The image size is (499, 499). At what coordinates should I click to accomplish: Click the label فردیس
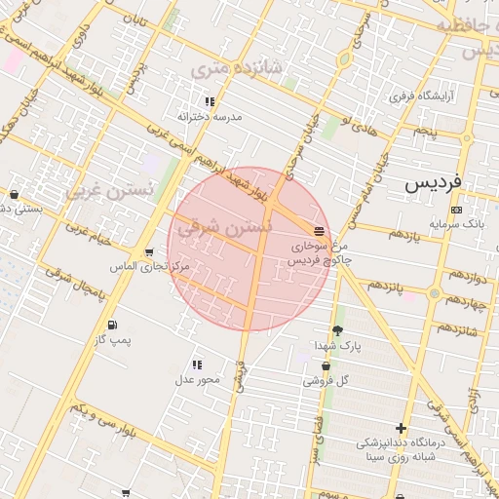tap(432, 183)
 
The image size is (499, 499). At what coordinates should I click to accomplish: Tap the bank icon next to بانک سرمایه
tap(456, 211)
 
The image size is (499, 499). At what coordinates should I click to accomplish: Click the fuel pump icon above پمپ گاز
tap(113, 325)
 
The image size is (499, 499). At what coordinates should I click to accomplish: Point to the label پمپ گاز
tap(113, 339)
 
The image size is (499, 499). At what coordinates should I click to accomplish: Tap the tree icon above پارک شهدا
tap(337, 330)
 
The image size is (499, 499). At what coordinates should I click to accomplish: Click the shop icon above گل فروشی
tap(326, 366)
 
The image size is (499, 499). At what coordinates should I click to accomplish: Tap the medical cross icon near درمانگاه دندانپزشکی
tap(401, 428)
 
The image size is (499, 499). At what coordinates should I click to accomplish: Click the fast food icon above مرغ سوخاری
tap(320, 230)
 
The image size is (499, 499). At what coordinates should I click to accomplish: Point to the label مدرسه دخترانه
tap(209, 116)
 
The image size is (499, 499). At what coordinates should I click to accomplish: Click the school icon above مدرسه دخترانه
tap(209, 101)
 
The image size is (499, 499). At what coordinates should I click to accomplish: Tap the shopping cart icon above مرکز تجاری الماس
tap(148, 252)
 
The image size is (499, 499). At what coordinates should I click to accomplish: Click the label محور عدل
tap(198, 379)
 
